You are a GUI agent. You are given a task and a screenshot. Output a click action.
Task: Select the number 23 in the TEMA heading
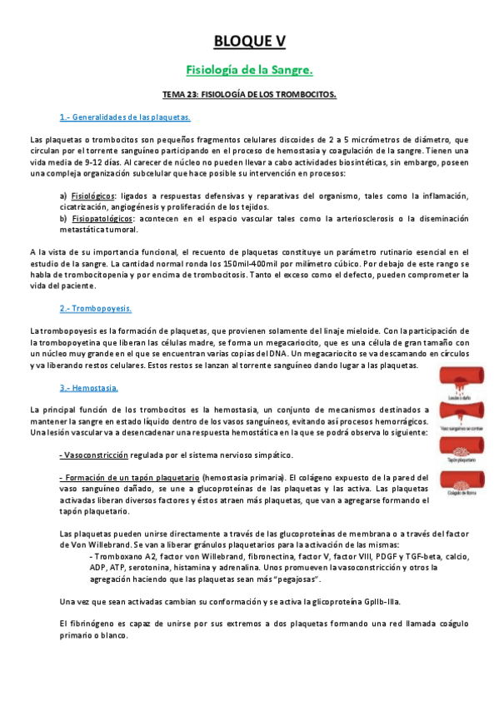194,95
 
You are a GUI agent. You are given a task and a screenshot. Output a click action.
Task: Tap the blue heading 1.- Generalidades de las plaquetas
125,117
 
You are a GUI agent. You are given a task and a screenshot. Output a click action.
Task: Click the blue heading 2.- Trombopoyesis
96,308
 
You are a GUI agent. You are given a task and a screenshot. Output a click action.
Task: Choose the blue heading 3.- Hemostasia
88,388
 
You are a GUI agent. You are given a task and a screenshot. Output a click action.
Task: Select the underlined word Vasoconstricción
95,455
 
